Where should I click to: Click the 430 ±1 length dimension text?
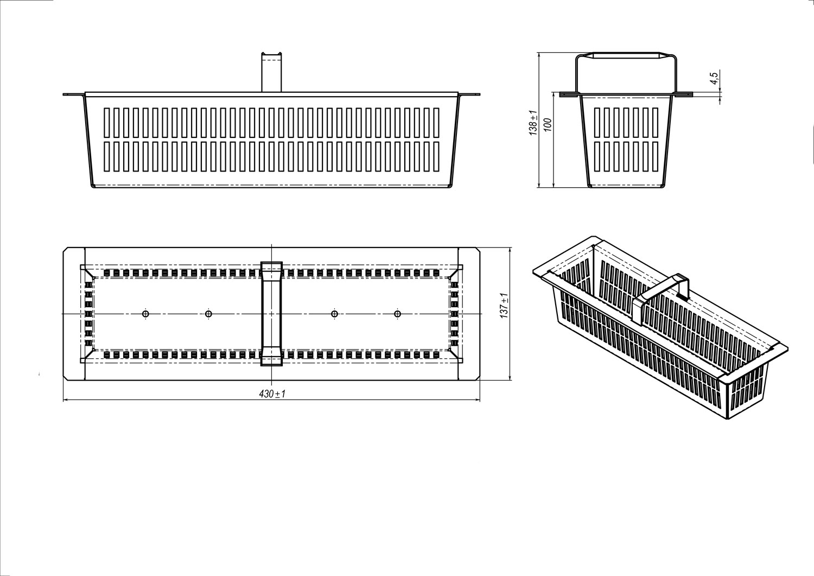(x=272, y=394)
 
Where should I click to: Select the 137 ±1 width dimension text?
(x=504, y=306)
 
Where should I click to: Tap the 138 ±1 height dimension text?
(x=533, y=123)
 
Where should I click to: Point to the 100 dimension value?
(x=548, y=125)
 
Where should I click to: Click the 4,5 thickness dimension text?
(x=714, y=79)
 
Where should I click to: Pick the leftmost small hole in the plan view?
(x=146, y=313)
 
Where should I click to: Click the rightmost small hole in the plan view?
(x=398, y=313)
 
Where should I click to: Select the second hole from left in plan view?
(x=208, y=313)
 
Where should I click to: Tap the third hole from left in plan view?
(x=335, y=313)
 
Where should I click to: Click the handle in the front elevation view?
(x=271, y=72)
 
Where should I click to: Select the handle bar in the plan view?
(x=271, y=313)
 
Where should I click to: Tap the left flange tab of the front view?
(x=74, y=94)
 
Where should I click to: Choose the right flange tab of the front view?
(x=469, y=94)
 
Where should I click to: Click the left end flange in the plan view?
(x=74, y=314)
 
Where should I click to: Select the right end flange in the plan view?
(x=469, y=314)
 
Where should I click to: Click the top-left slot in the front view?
(x=107, y=123)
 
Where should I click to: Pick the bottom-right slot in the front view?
(x=436, y=156)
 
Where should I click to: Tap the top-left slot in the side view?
(x=597, y=123)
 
